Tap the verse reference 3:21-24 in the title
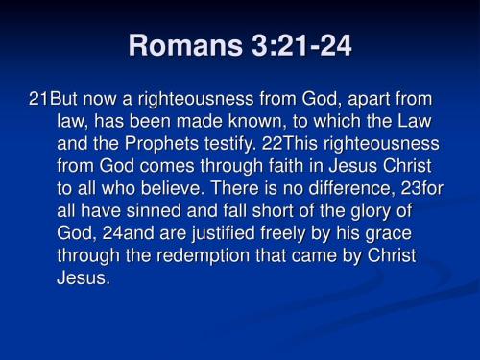pyautogui.click(x=291, y=45)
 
